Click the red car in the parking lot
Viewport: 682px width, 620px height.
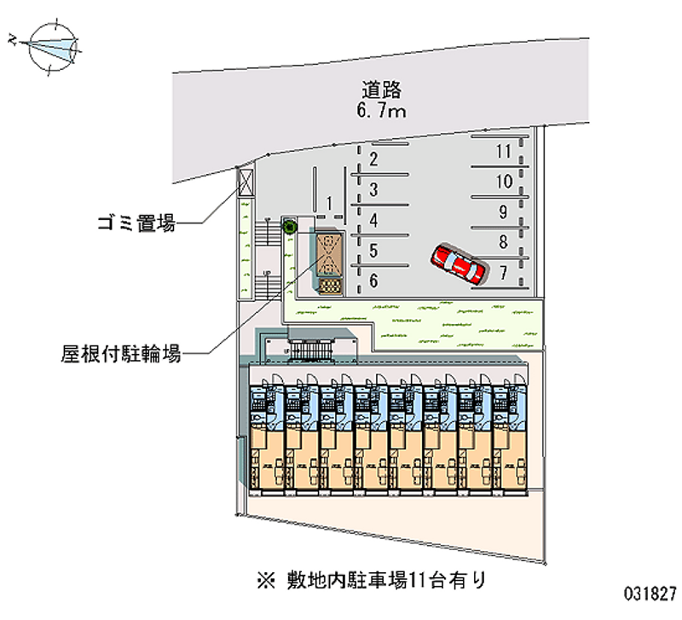click(x=459, y=264)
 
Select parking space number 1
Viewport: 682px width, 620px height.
click(x=328, y=202)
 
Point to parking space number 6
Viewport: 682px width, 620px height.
click(x=373, y=280)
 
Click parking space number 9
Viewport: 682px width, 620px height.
click(x=503, y=211)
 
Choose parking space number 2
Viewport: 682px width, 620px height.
click(x=373, y=159)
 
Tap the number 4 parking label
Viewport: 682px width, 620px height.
click(x=373, y=220)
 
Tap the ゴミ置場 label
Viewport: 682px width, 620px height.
click(x=136, y=225)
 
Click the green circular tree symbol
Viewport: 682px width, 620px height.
click(x=289, y=227)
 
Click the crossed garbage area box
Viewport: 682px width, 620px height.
click(x=246, y=182)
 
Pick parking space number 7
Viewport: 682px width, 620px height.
click(x=503, y=273)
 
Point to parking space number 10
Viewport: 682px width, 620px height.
click(x=503, y=181)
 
